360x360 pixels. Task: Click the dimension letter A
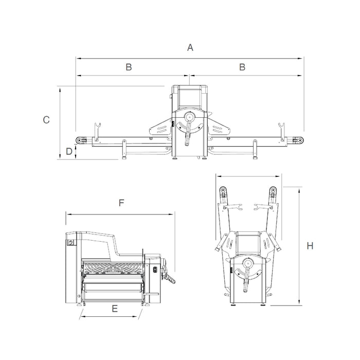click(190, 48)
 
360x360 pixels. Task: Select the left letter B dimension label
click(129, 67)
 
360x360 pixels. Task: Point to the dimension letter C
click(46, 120)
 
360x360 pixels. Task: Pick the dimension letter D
click(69, 152)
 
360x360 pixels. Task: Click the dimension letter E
click(115, 309)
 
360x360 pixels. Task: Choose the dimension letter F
click(121, 203)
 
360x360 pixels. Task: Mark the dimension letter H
click(310, 246)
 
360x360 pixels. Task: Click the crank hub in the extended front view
click(189, 118)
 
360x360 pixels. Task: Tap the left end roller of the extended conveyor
click(80, 140)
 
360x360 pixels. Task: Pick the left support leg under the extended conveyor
click(124, 150)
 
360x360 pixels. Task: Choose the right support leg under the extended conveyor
click(254, 150)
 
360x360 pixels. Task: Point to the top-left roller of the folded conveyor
click(223, 193)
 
